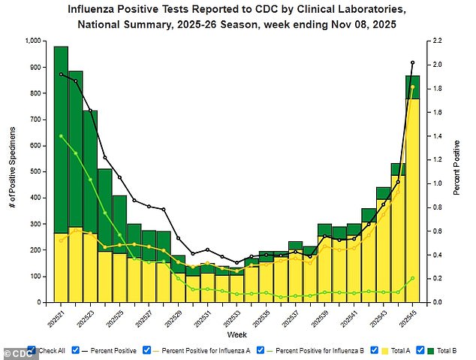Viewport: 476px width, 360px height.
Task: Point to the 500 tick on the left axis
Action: coord(38,172)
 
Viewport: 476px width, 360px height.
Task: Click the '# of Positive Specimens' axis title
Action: coord(14,172)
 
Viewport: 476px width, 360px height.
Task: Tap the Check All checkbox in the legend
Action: coord(32,351)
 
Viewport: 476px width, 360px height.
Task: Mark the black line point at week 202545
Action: coord(412,62)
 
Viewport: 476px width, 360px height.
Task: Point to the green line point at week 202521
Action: coord(61,136)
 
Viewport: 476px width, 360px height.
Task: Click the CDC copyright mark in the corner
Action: coord(14,352)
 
